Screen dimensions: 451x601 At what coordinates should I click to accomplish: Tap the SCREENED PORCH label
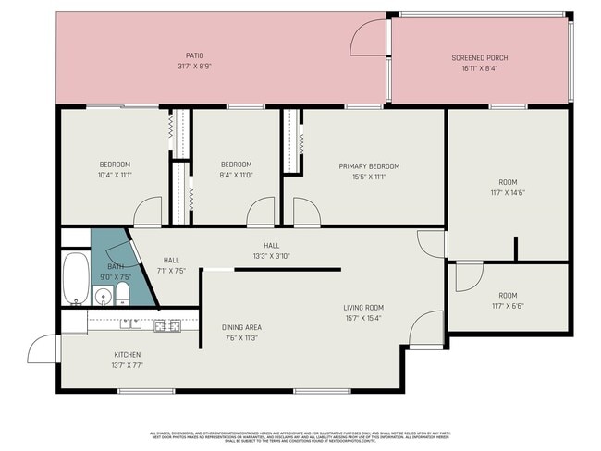tap(479, 58)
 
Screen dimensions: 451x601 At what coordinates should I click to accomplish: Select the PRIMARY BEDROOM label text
tap(362, 166)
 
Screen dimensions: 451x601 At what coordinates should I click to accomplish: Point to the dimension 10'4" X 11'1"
tap(116, 175)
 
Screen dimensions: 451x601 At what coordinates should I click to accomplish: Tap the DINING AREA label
tap(241, 327)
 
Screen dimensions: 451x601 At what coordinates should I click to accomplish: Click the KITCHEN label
tap(128, 355)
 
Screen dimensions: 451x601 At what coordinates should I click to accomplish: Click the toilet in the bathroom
tap(121, 296)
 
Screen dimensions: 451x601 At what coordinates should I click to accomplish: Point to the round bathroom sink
tap(100, 298)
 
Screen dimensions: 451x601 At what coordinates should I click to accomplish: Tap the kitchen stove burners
tap(166, 324)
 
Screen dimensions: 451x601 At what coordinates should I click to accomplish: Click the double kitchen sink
tap(130, 324)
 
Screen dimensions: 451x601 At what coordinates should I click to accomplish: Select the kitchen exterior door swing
tap(43, 348)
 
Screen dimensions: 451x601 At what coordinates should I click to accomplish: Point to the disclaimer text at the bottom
tap(300, 436)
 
